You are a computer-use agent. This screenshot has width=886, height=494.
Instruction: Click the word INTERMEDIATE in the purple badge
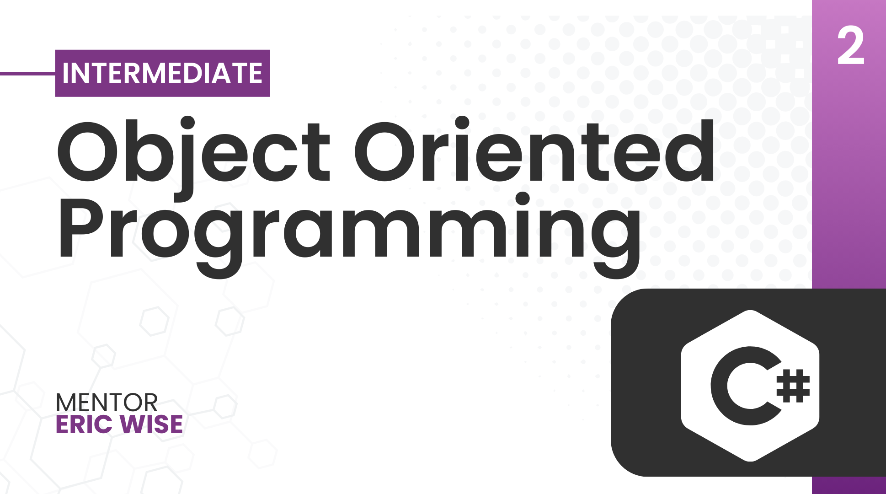[162, 73]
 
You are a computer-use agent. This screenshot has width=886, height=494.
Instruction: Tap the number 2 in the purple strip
[851, 46]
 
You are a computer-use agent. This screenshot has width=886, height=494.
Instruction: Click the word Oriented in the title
[534, 150]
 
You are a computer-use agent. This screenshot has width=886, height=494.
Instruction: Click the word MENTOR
[107, 403]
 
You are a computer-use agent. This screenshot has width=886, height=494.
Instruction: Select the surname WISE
[151, 424]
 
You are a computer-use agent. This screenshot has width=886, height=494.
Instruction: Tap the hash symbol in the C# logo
[793, 386]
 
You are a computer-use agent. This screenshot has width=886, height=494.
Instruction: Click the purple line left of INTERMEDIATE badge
[27, 73]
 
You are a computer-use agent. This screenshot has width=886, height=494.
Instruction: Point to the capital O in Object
[87, 152]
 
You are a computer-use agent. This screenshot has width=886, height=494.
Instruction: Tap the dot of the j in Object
[187, 123]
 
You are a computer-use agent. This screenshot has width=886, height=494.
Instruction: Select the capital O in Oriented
[385, 152]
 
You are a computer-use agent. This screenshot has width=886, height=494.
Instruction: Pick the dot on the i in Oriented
[462, 123]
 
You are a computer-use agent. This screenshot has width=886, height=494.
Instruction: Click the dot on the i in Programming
[522, 199]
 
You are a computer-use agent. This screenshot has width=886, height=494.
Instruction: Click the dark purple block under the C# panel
[849, 485]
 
